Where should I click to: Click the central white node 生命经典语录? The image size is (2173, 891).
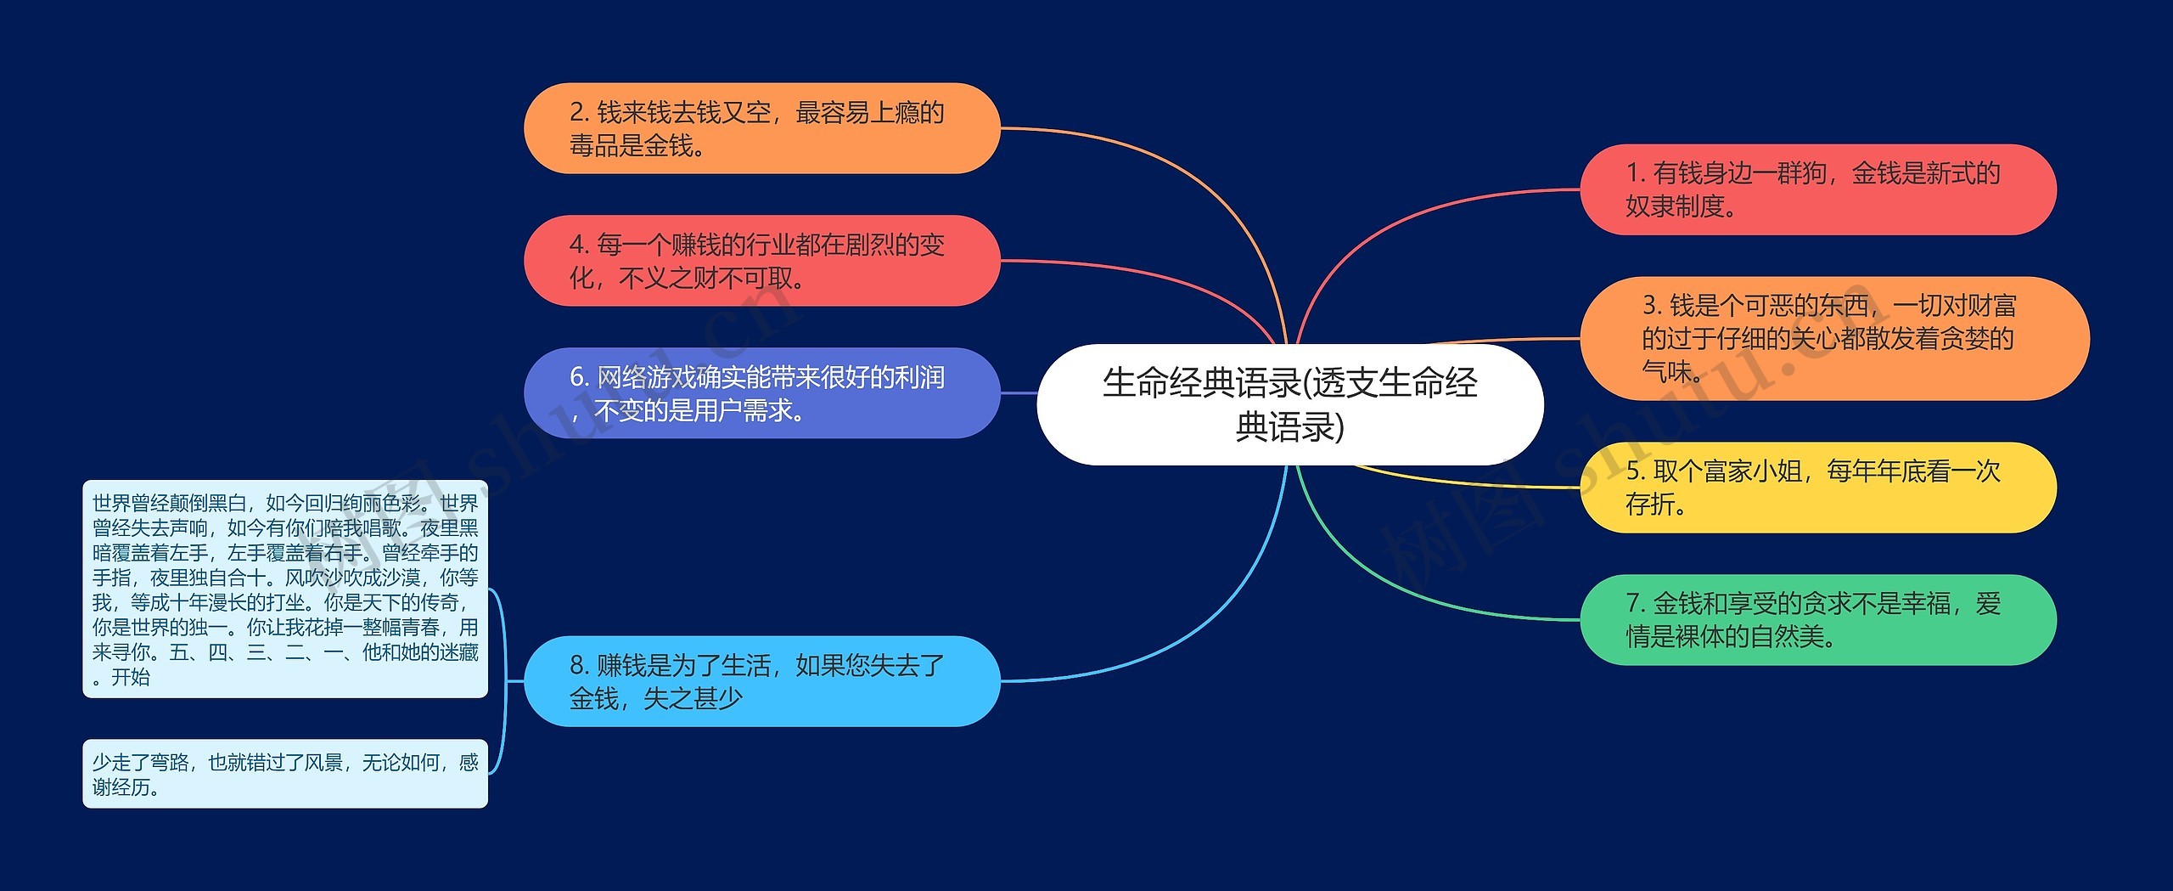[x=1289, y=404]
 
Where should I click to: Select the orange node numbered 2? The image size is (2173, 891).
[x=761, y=128]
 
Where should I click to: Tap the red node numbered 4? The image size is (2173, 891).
[x=761, y=261]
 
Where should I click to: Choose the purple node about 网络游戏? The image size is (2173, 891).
[x=761, y=393]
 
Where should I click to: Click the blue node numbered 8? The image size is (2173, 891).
[x=761, y=681]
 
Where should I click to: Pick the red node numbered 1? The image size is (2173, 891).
[x=1817, y=189]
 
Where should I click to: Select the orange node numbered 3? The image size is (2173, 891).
[x=1833, y=338]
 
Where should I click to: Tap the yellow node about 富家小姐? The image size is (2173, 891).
[x=1817, y=488]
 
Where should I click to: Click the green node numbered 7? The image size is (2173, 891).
[x=1817, y=620]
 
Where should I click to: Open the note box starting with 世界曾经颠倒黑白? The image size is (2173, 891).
[x=285, y=589]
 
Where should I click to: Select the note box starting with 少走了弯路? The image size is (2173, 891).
[x=285, y=774]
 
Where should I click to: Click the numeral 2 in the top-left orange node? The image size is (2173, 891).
[x=577, y=112]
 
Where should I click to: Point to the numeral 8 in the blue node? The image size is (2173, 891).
[x=577, y=665]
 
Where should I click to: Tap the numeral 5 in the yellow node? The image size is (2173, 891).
[x=1633, y=471]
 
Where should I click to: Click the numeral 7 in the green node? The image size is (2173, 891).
[x=1633, y=604]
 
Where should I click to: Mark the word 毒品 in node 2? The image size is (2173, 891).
[x=594, y=146]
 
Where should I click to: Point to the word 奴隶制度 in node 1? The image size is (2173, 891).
[x=1675, y=206]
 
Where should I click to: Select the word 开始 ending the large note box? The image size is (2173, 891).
[x=131, y=677]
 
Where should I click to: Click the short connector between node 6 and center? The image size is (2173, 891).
[x=1019, y=393]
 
